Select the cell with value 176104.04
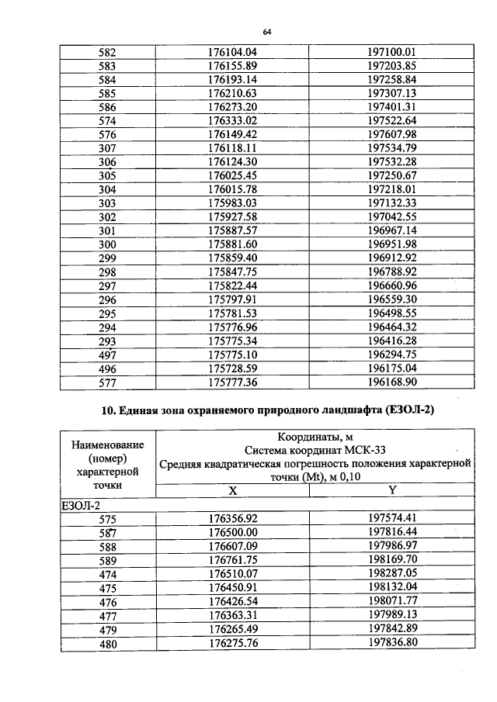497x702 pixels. [x=232, y=52]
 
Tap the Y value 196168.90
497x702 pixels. [x=392, y=382]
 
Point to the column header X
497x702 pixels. [x=232, y=490]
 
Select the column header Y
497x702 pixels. [x=392, y=490]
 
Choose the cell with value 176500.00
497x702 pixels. [x=232, y=532]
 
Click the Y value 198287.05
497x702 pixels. [x=392, y=573]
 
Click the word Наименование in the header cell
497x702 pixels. [x=108, y=444]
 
